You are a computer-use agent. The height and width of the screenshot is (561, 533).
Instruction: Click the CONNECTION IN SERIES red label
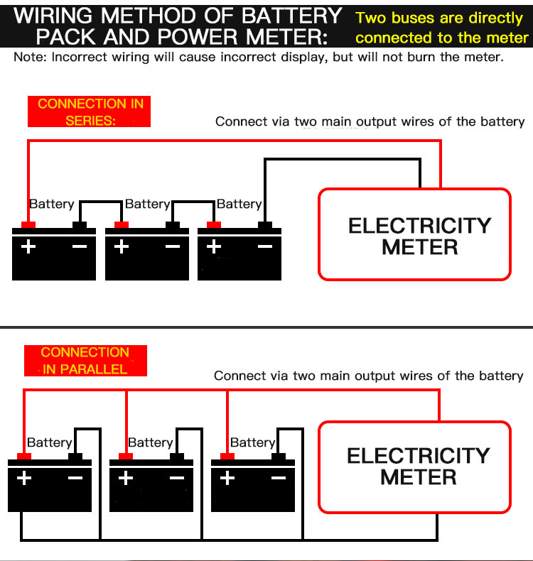click(x=90, y=112)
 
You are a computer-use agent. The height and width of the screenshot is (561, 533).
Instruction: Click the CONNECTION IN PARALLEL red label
click(x=85, y=361)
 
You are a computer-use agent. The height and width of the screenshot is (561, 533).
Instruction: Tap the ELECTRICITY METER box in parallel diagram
click(x=414, y=467)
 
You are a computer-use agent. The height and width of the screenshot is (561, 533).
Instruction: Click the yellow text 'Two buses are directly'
click(x=439, y=18)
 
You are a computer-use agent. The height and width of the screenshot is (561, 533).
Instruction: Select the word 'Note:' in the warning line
click(x=29, y=58)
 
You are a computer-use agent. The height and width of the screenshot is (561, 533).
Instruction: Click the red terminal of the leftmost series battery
click(x=28, y=226)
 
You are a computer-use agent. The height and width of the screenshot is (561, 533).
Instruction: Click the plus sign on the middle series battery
click(x=122, y=247)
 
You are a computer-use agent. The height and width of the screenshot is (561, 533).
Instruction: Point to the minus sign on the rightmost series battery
click(x=265, y=247)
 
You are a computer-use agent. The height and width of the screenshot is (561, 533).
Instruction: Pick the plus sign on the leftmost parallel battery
click(x=24, y=478)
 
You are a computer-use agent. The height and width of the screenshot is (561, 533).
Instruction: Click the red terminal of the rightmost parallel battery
click(x=227, y=457)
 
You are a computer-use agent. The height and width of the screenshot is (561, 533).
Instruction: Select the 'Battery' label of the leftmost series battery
click(x=51, y=205)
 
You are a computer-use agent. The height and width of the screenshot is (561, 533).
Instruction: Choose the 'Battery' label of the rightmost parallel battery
click(x=252, y=443)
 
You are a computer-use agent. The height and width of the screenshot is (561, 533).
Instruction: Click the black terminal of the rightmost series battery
click(x=264, y=226)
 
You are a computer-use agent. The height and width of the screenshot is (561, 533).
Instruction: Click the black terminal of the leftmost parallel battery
click(x=75, y=457)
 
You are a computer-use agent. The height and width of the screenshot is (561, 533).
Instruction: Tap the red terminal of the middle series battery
click(x=122, y=226)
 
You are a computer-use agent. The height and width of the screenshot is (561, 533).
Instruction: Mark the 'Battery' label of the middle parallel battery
click(x=150, y=443)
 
